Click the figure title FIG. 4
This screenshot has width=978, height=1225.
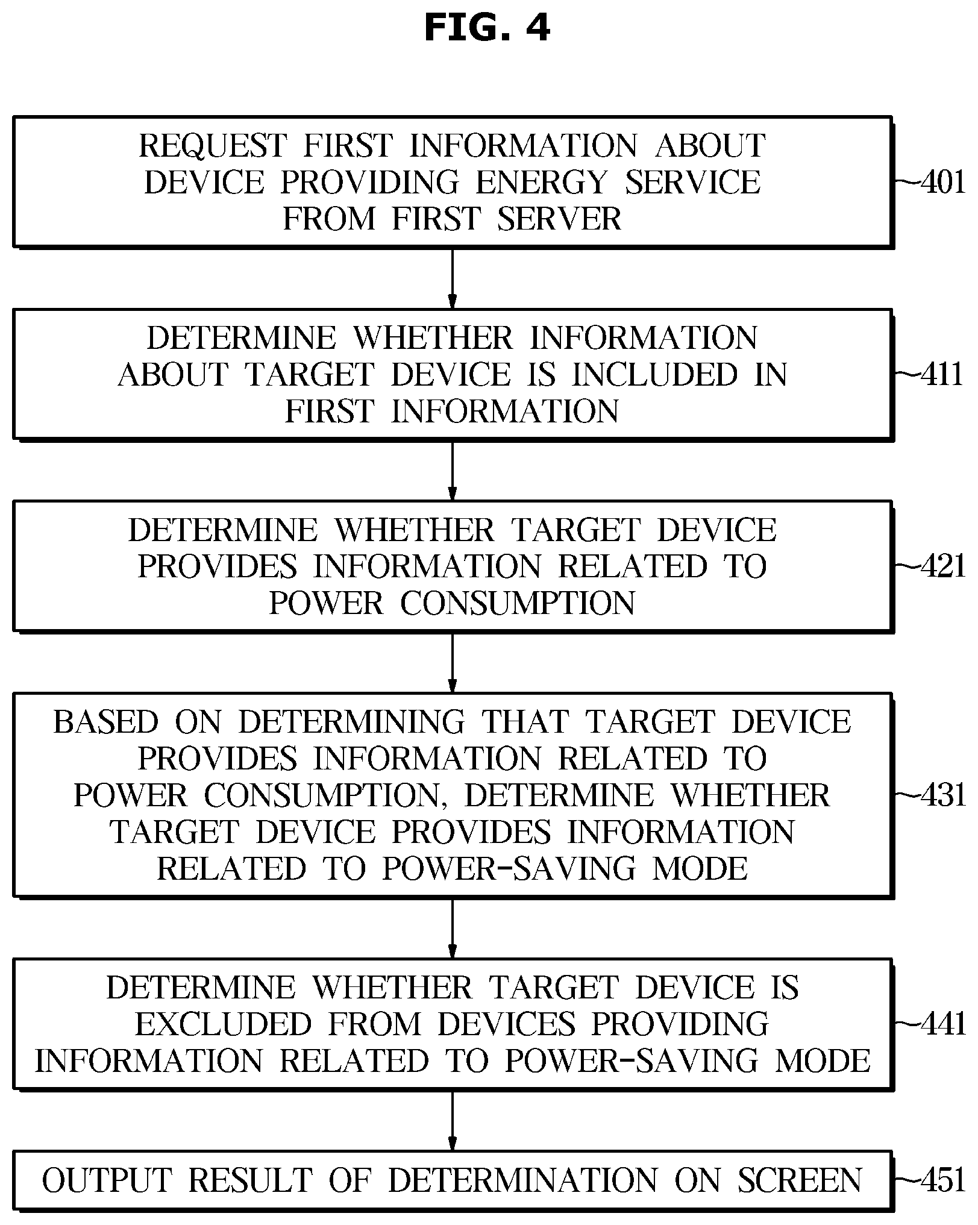(487, 28)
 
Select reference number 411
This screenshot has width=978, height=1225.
(942, 374)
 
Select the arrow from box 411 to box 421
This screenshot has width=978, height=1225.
(453, 470)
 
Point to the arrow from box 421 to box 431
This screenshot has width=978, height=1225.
(453, 662)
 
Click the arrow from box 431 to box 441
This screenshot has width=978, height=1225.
(453, 928)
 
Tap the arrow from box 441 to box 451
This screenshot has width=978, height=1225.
(453, 1121)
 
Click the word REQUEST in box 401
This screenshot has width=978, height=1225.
(213, 146)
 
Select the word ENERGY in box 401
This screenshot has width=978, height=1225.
(542, 182)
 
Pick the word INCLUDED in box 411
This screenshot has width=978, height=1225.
(655, 374)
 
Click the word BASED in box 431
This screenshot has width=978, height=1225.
(106, 722)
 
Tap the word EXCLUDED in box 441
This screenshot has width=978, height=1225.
(223, 1024)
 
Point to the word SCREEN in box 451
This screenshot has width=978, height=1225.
(800, 1180)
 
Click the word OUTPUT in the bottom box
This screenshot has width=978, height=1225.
(107, 1180)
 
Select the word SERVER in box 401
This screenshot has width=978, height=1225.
(559, 218)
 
